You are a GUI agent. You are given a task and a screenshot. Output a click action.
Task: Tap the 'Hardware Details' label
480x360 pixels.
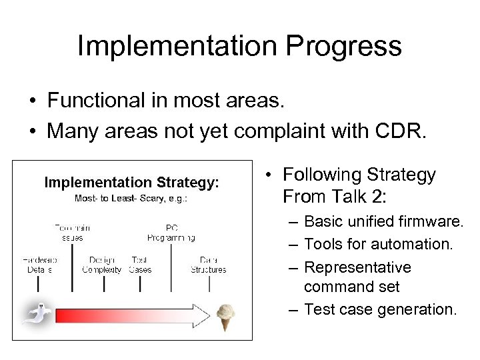click(39, 265)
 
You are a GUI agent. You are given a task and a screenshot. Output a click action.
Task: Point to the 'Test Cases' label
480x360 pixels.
click(140, 265)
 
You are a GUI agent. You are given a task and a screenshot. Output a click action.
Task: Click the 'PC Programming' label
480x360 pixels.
click(171, 232)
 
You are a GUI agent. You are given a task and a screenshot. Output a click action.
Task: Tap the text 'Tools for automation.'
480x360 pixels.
click(378, 245)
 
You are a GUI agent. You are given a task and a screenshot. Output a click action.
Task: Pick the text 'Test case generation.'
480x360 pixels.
click(380, 309)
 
